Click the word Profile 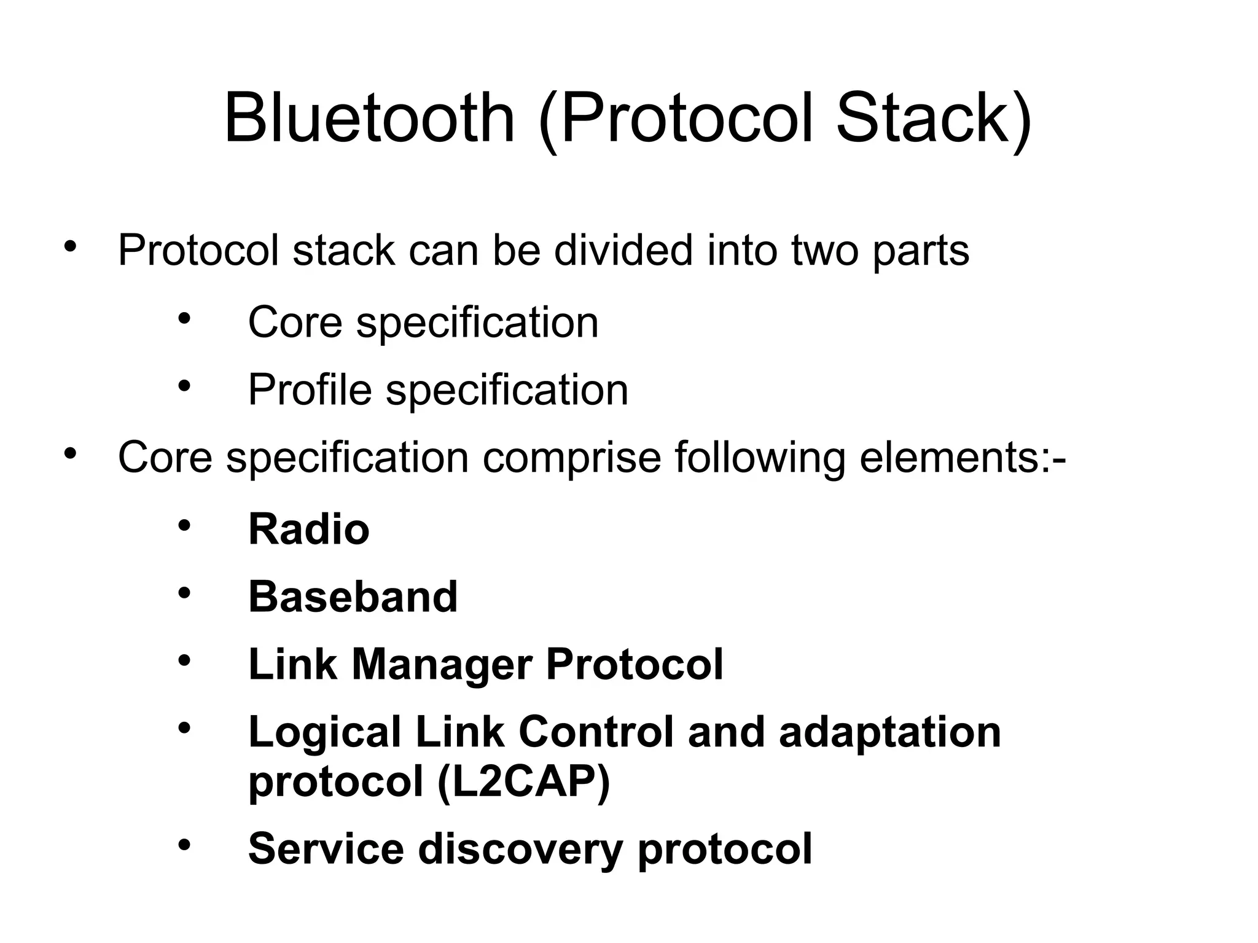(x=310, y=390)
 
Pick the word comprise (x=571, y=458)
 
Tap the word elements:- (x=962, y=458)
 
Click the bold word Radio (x=308, y=529)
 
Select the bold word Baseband (x=353, y=597)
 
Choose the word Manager (x=442, y=665)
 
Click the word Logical (x=325, y=734)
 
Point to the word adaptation (x=889, y=732)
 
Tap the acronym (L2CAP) (x=523, y=783)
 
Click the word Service (x=326, y=848)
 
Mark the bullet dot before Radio (x=185, y=526)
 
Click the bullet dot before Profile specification (x=185, y=386)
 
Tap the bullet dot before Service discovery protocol (x=185, y=845)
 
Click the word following (x=760, y=458)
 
